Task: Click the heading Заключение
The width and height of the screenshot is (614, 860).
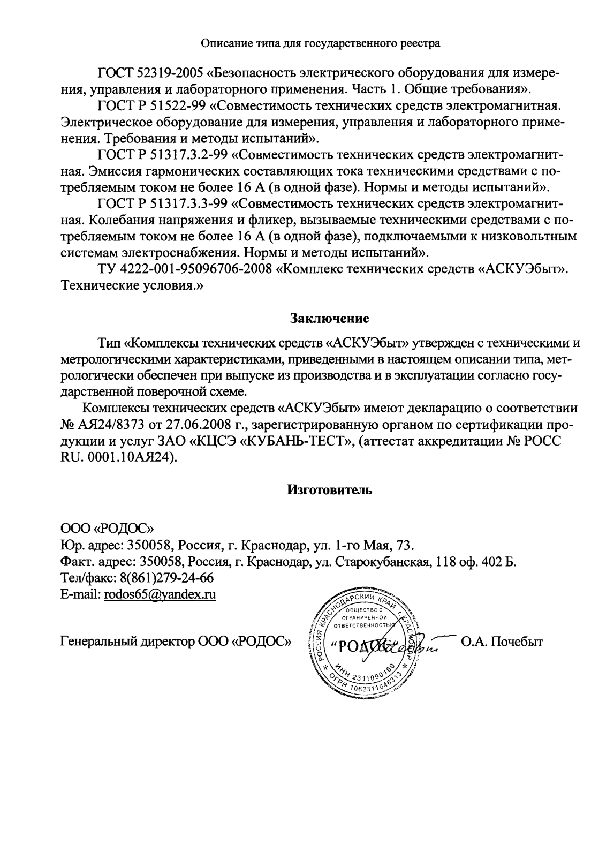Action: (x=329, y=319)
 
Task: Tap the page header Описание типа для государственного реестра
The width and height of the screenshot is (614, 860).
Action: (x=320, y=43)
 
